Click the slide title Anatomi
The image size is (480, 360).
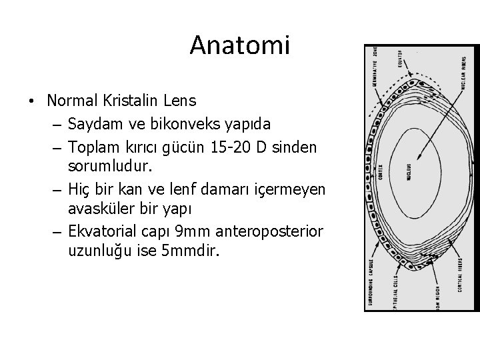240,45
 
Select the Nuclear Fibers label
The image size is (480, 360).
463,73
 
